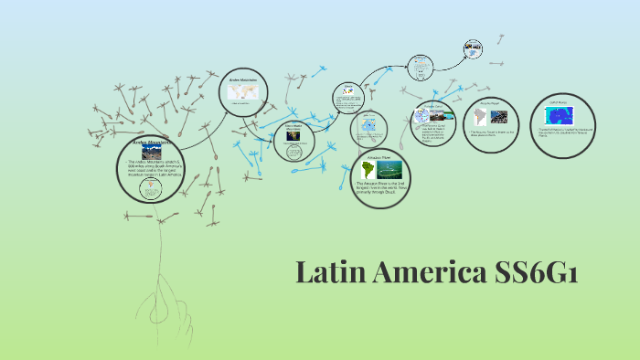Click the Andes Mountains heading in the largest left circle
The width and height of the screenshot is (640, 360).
[x=152, y=143]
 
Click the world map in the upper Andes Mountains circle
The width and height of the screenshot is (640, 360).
[x=244, y=92]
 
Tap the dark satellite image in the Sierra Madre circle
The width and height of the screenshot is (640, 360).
[x=293, y=135]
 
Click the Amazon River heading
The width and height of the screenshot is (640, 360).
[x=379, y=158]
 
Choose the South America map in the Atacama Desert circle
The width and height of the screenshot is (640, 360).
[x=480, y=118]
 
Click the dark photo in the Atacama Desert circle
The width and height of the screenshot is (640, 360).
[x=499, y=117]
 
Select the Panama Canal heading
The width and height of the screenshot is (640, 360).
[x=433, y=107]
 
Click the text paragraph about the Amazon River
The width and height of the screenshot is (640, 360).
[x=381, y=189]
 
